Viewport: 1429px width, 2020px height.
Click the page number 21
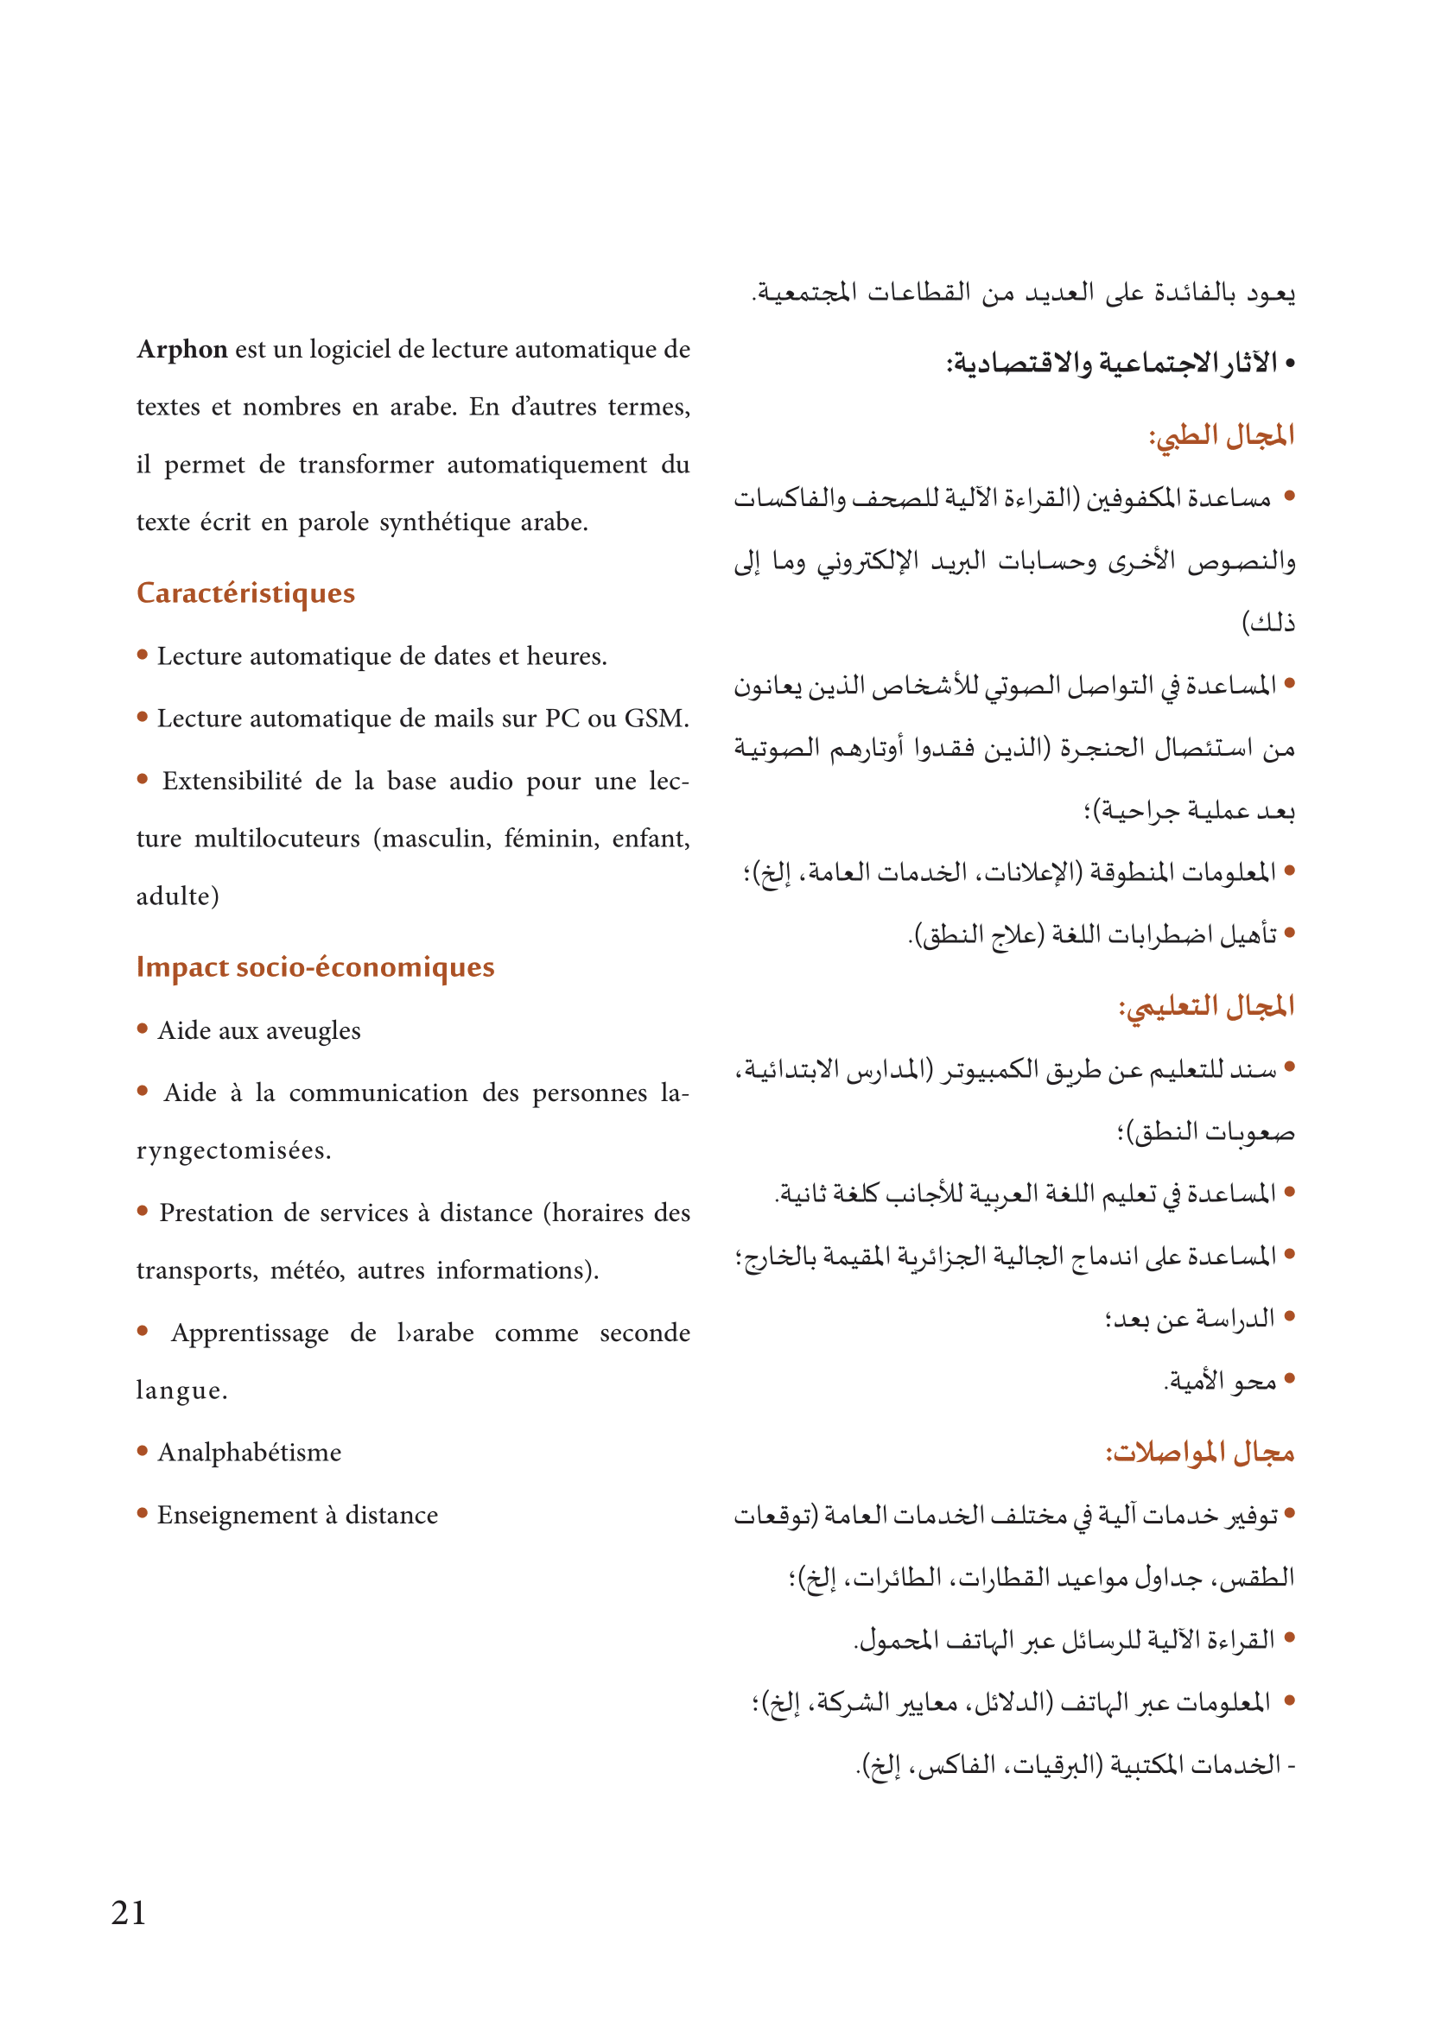click(x=129, y=1913)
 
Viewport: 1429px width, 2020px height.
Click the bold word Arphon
click(x=182, y=349)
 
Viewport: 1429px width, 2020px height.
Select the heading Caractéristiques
click(x=245, y=593)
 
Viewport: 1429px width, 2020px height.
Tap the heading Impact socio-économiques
click(x=315, y=967)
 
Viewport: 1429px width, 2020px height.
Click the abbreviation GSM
click(x=656, y=719)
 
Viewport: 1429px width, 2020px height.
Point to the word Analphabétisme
click(x=249, y=1453)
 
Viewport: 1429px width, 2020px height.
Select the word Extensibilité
click(x=232, y=782)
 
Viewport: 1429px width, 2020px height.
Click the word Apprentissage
click(x=250, y=1333)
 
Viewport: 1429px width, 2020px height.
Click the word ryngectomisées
click(x=233, y=1150)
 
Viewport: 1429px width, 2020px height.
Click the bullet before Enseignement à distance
click(x=143, y=1513)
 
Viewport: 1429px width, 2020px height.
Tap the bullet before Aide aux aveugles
click(x=143, y=1029)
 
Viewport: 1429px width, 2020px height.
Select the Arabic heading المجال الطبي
click(x=1222, y=435)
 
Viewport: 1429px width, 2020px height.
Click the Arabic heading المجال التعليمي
click(x=1206, y=1005)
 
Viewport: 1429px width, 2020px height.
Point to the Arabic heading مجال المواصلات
click(x=1199, y=1453)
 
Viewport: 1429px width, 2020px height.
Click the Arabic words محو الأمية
click(x=1221, y=1381)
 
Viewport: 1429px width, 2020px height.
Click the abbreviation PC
click(x=562, y=719)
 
